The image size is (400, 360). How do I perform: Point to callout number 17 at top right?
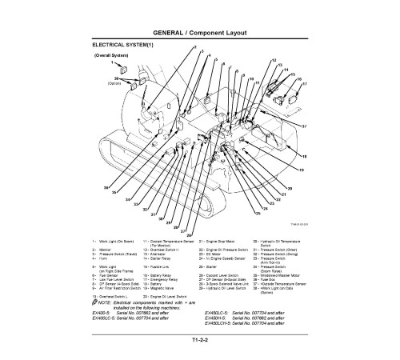point(304,83)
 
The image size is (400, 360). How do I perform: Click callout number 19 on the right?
point(302,170)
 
